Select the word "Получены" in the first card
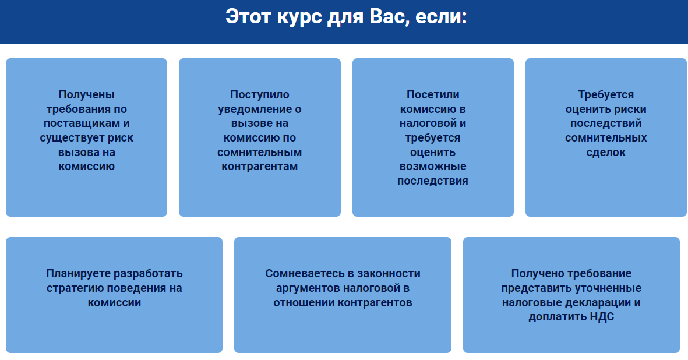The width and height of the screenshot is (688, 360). pyautogui.click(x=86, y=95)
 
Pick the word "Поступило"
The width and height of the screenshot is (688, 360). pyautogui.click(x=260, y=95)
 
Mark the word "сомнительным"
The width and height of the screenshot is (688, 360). pyautogui.click(x=260, y=152)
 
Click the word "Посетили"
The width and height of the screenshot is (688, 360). pyautogui.click(x=433, y=95)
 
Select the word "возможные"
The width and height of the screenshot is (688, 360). pyautogui.click(x=433, y=167)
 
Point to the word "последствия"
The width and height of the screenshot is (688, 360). pyautogui.click(x=433, y=181)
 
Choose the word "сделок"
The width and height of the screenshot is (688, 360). pyautogui.click(x=606, y=152)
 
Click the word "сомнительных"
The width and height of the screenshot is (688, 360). pyautogui.click(x=606, y=138)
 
